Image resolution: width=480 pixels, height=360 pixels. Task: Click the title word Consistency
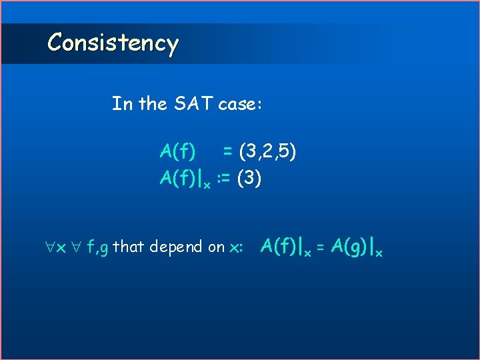pos(113,43)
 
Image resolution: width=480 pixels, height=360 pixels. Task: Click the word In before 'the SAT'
pos(122,104)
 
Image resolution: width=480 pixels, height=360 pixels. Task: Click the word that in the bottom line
pos(129,247)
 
